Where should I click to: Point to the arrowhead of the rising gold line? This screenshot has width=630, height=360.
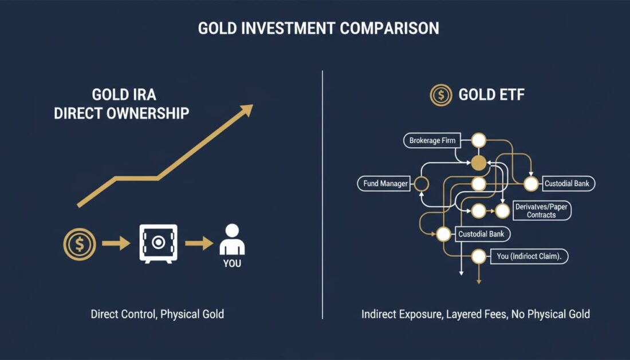point(246,110)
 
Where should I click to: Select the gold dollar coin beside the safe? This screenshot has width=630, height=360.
point(79,244)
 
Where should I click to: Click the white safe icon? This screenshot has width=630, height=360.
point(158,243)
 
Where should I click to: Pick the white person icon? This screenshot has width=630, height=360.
point(232,240)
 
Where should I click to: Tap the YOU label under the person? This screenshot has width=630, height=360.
point(232,264)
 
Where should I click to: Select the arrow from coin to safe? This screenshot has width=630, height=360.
point(116,244)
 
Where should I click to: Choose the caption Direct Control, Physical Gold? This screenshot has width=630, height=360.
point(157,314)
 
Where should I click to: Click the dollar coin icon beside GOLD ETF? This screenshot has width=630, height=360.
point(441,95)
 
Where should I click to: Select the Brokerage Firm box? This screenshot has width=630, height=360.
point(433,140)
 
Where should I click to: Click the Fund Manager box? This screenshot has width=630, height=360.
point(385,184)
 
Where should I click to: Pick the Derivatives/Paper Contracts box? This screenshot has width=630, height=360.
point(541,211)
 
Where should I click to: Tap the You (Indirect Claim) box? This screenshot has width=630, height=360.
point(529,257)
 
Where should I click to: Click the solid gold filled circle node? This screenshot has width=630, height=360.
point(478,163)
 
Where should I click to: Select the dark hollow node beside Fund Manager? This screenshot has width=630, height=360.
point(421,184)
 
